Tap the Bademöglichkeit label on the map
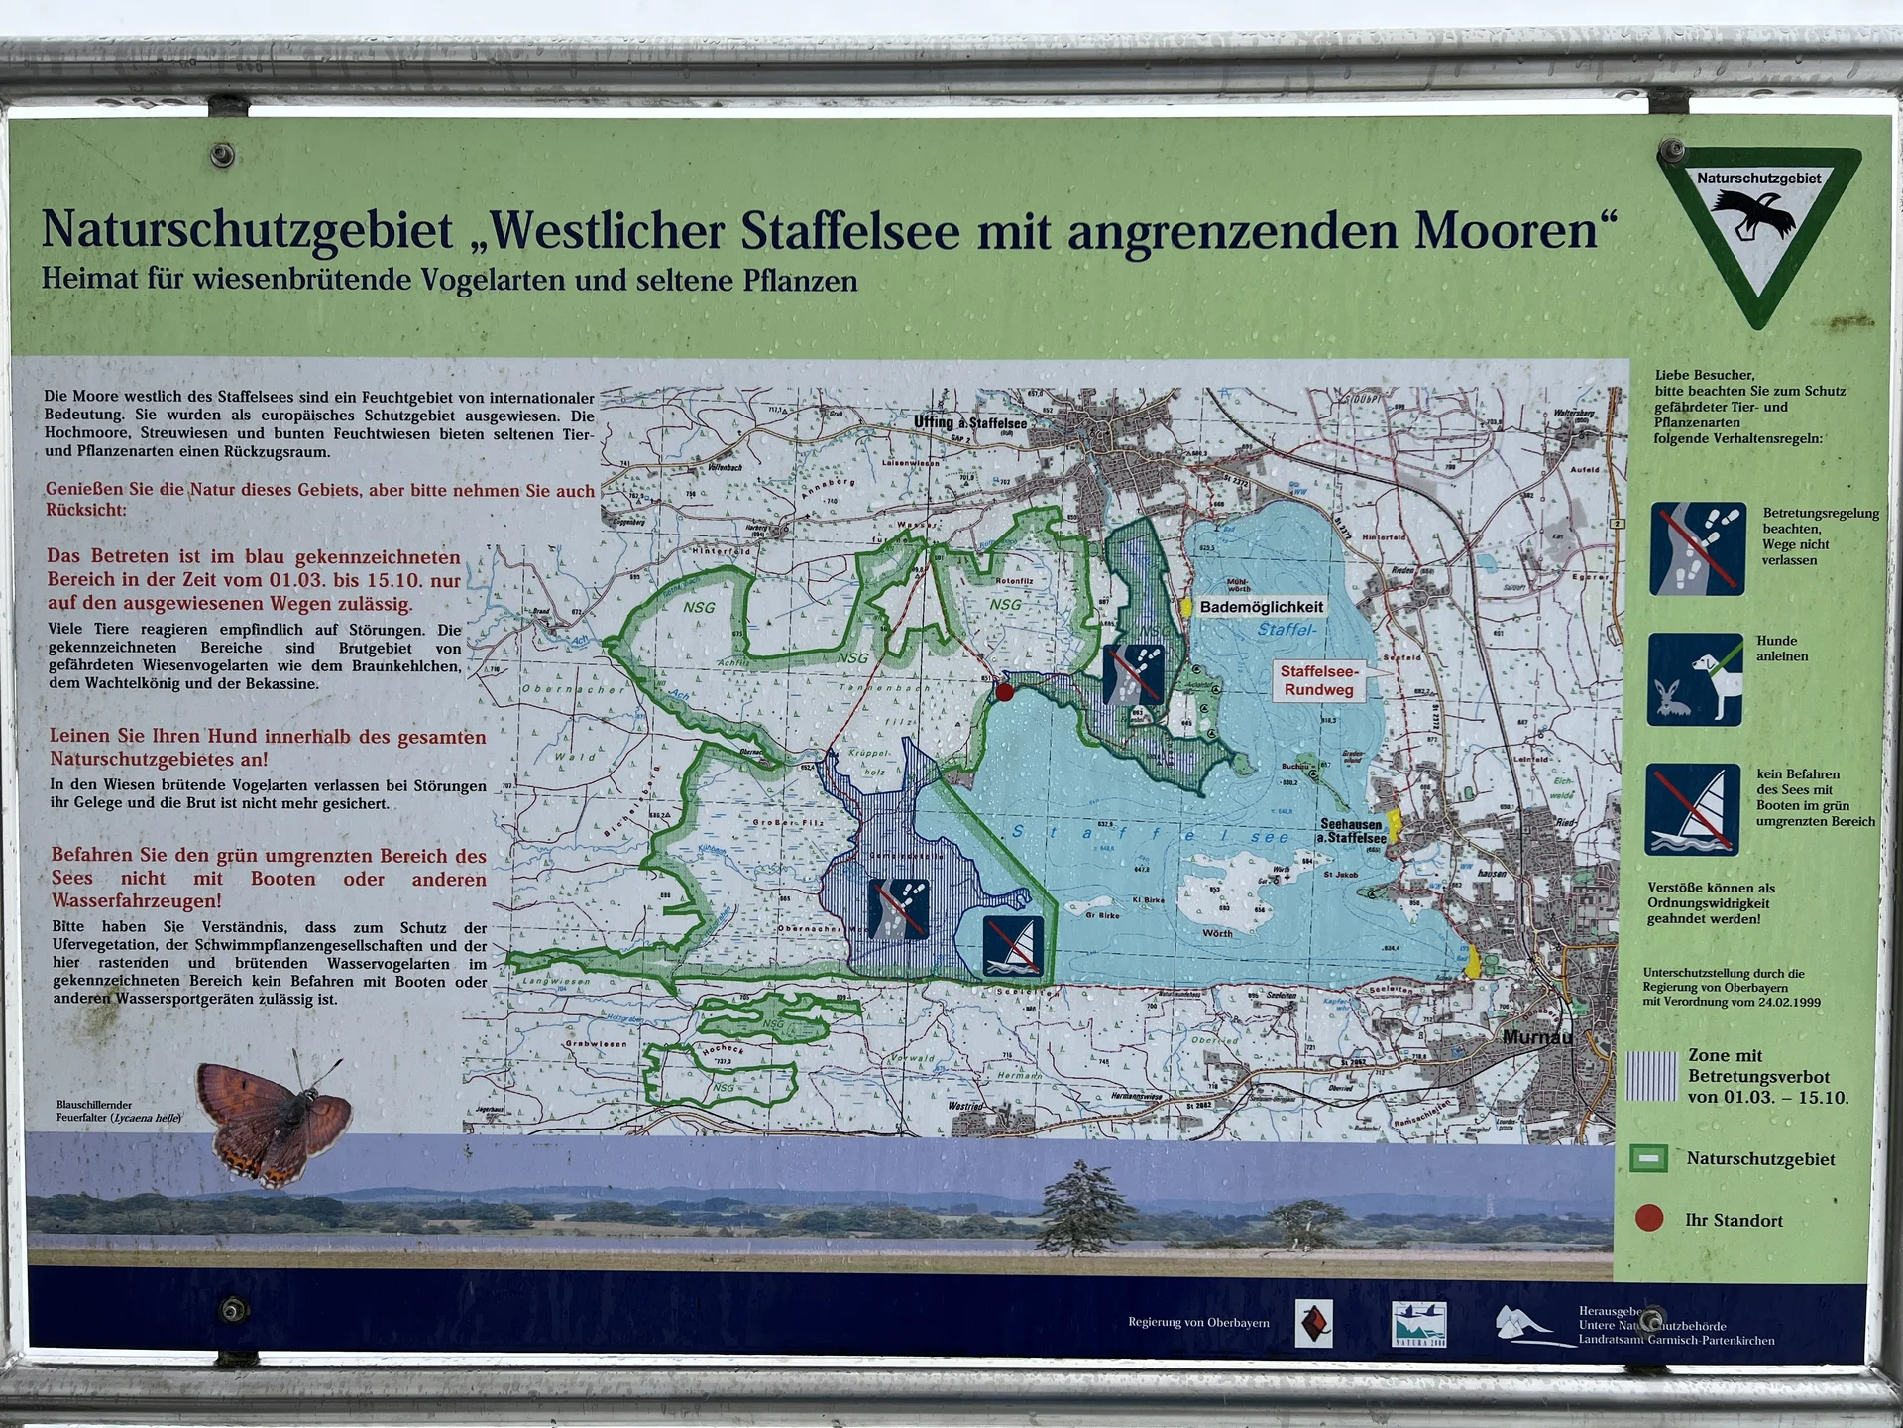pos(1261,607)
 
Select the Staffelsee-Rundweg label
pos(1318,681)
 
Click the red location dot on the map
pos(1005,691)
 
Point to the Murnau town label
pos(1536,1037)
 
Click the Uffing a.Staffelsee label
pos(969,422)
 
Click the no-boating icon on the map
pos(1013,946)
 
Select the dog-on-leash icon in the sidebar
pos(1695,680)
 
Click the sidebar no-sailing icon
pos(1693,809)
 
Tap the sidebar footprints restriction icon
pos(1698,548)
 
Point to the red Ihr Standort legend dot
pos(1649,1218)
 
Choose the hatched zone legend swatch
pos(1652,1076)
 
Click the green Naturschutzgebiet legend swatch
pos(1649,1158)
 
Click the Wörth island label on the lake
pos(1217,933)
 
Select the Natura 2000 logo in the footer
pos(1418,1325)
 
